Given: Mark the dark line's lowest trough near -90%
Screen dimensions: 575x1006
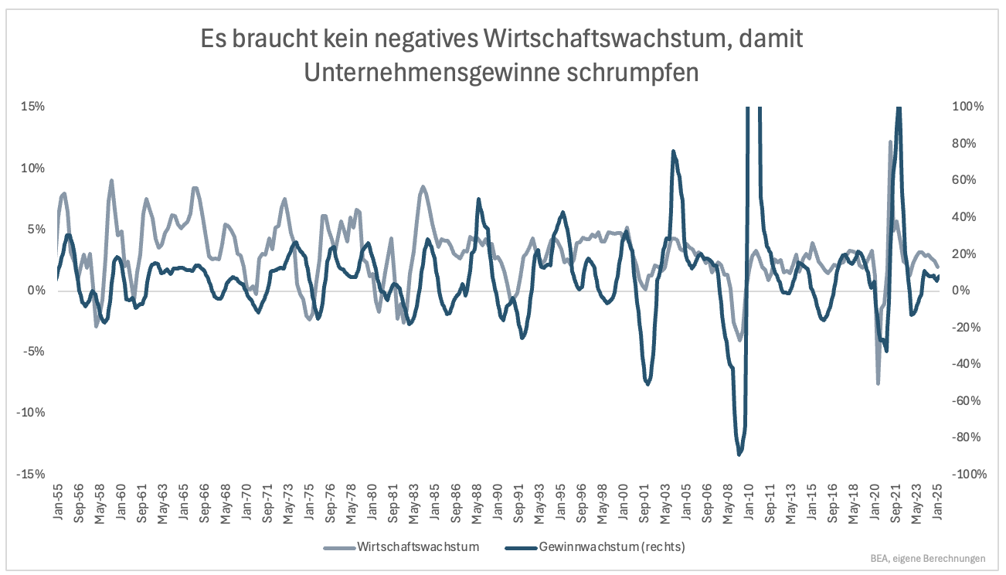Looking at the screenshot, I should pos(739,454).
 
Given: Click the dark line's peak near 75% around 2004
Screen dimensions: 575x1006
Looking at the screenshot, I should pos(673,151).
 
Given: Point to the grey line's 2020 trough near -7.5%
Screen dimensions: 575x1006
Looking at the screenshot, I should pos(878,383).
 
